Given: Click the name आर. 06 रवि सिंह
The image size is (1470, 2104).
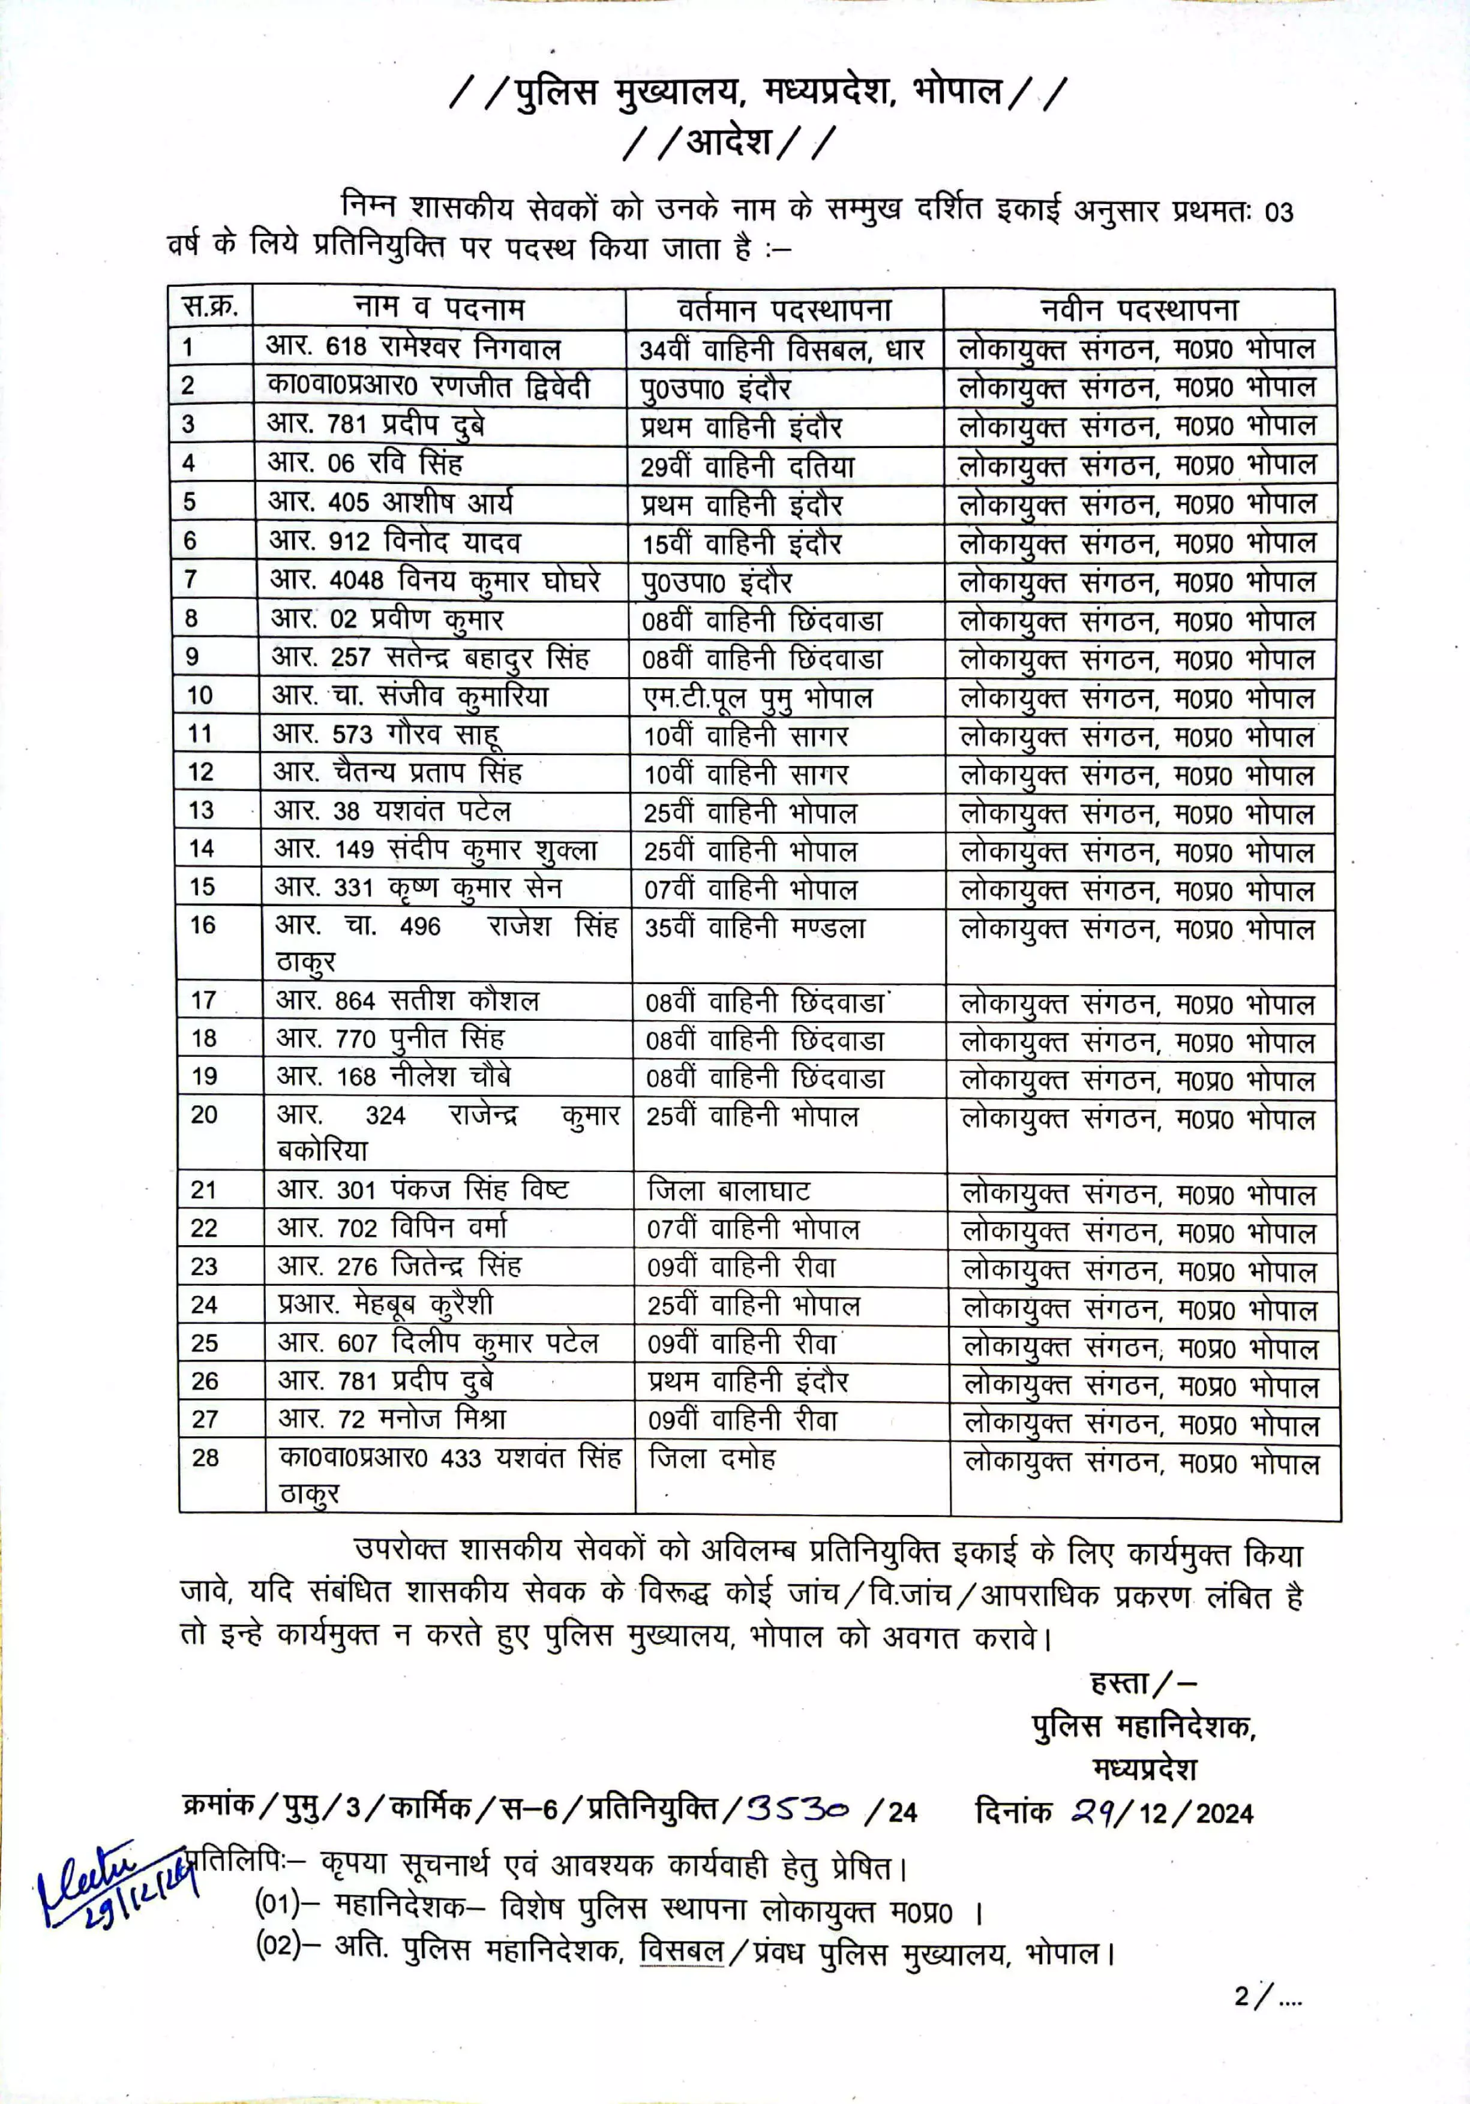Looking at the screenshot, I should [365, 463].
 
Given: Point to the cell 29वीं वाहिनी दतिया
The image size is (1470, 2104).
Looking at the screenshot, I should [747, 467].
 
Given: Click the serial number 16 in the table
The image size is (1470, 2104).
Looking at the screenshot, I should [203, 925].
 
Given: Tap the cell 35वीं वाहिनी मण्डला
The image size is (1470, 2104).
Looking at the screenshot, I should [755, 928].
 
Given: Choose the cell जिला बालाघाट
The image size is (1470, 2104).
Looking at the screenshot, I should [728, 1191].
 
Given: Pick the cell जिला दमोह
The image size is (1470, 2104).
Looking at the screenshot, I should [712, 1457].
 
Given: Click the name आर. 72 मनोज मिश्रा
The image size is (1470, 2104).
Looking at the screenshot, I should [392, 1418].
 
